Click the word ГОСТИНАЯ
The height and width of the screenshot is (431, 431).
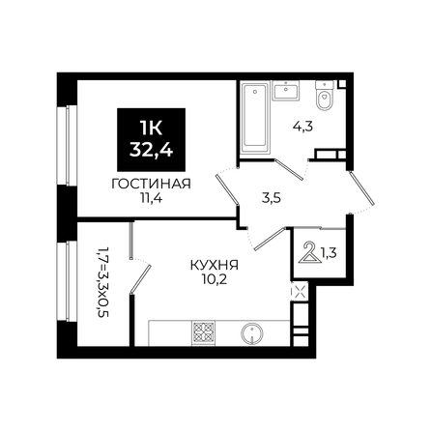click(x=151, y=184)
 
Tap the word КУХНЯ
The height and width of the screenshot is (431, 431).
click(x=215, y=266)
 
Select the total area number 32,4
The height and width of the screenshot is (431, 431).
click(x=151, y=150)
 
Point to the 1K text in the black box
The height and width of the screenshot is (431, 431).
click(x=151, y=129)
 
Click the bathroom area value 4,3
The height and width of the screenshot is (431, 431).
click(x=302, y=127)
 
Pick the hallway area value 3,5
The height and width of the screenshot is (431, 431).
click(x=272, y=198)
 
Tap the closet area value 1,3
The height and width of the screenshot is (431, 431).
click(x=329, y=253)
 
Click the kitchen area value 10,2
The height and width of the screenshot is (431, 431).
click(x=215, y=279)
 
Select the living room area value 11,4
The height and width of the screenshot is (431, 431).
click(x=151, y=198)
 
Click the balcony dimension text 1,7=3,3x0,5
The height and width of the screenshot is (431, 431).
click(x=102, y=282)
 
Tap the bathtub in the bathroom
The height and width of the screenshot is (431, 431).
click(x=254, y=118)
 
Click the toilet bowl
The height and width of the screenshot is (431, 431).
click(x=324, y=96)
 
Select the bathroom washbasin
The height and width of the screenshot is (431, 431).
click(x=286, y=90)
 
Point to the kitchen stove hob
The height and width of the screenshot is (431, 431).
click(x=203, y=332)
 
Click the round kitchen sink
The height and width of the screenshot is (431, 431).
click(x=252, y=332)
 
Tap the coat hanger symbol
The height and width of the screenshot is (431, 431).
click(x=309, y=252)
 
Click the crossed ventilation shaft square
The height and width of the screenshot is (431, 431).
click(x=298, y=292)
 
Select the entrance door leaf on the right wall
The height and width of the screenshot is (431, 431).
click(x=361, y=188)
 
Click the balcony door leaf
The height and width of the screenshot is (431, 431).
click(x=140, y=278)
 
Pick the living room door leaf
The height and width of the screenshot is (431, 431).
click(x=227, y=190)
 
